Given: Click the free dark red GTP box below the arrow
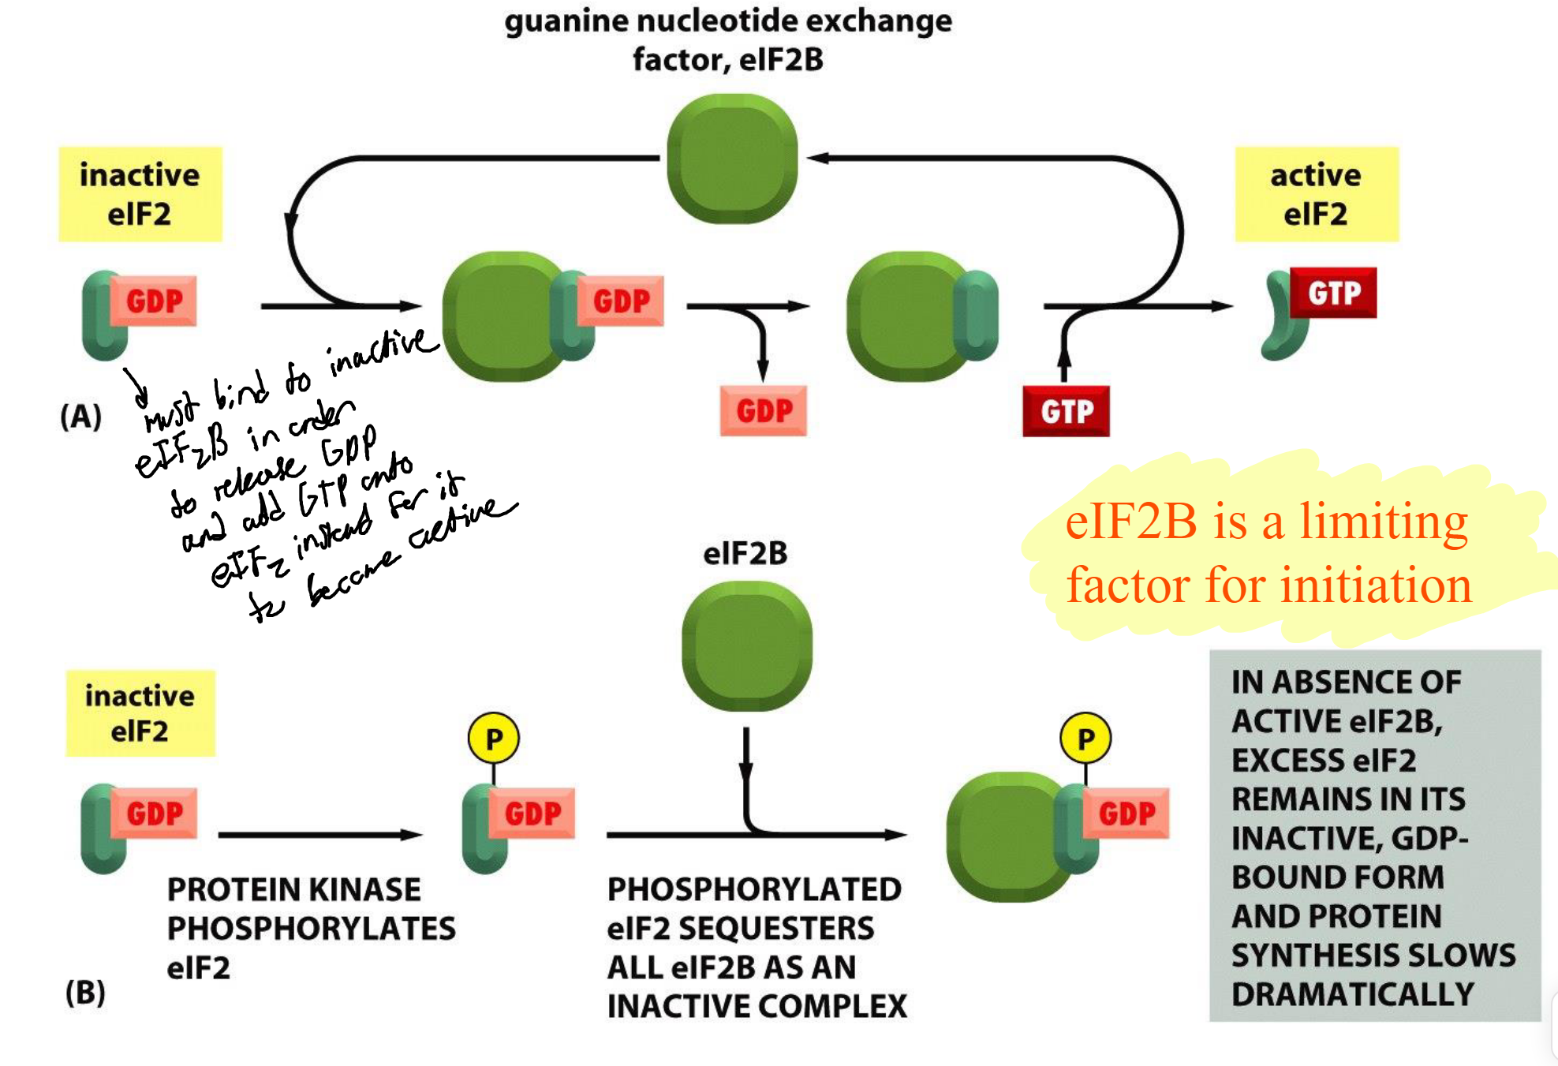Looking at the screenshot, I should pyautogui.click(x=1066, y=411).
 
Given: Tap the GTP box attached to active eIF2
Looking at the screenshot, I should pyautogui.click(x=1333, y=293).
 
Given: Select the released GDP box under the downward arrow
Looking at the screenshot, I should pyautogui.click(x=763, y=410).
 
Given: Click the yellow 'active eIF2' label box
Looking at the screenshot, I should pyautogui.click(x=1316, y=194).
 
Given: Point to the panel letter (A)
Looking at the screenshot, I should pyautogui.click(x=81, y=416).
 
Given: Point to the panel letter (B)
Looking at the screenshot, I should pyautogui.click(x=85, y=992).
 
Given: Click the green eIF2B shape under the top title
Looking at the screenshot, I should pyautogui.click(x=731, y=159).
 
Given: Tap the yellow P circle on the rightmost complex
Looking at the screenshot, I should pyautogui.click(x=1085, y=739).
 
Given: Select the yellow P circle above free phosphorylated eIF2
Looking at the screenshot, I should pyautogui.click(x=494, y=739).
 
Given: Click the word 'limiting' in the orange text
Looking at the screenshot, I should pyautogui.click(x=1384, y=522).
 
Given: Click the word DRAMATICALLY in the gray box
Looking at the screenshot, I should pyautogui.click(x=1352, y=994).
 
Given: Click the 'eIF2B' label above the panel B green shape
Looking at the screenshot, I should pyautogui.click(x=745, y=553).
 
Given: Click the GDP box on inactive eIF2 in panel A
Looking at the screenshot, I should pyautogui.click(x=154, y=301).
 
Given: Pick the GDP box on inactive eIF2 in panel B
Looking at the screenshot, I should pyautogui.click(x=154, y=813).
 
